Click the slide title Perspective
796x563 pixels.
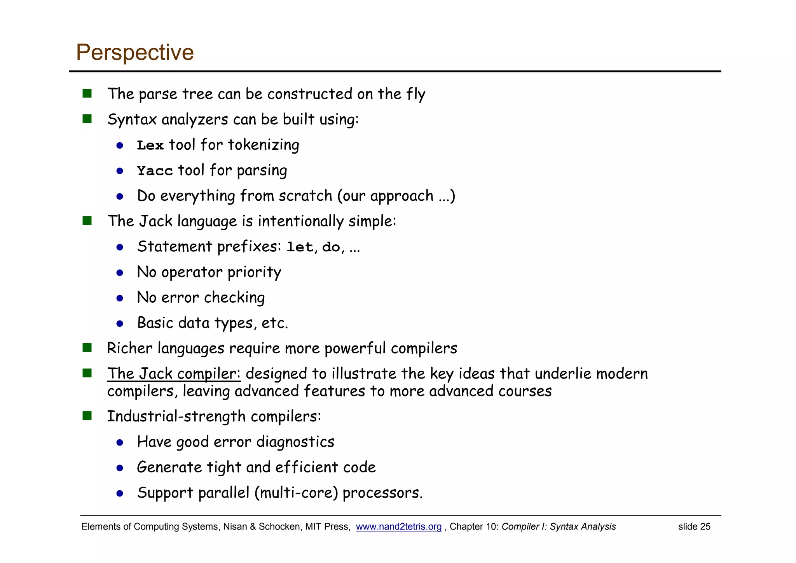point(135,52)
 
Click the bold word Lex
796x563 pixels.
point(150,146)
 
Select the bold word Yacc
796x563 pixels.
point(155,171)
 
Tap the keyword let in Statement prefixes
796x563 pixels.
point(300,247)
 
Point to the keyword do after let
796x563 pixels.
point(331,247)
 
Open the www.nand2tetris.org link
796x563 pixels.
point(398,526)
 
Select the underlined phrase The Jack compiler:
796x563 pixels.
point(174,374)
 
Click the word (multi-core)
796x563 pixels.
point(296,493)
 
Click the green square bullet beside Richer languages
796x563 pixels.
point(87,347)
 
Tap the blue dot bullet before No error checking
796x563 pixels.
point(120,298)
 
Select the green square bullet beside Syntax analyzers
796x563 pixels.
point(87,119)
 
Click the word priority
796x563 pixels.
point(254,272)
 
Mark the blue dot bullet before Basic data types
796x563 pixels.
point(120,324)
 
